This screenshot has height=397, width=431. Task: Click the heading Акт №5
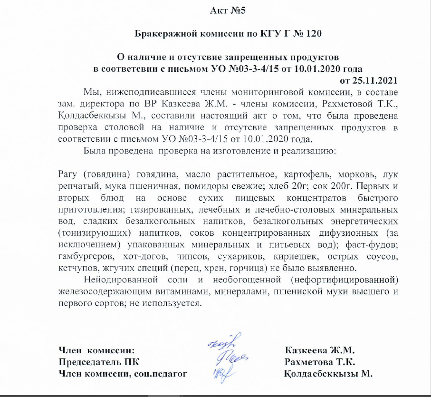coord(228,10)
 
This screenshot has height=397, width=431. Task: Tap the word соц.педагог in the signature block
coord(164,374)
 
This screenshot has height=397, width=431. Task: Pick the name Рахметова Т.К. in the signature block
coord(317,362)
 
